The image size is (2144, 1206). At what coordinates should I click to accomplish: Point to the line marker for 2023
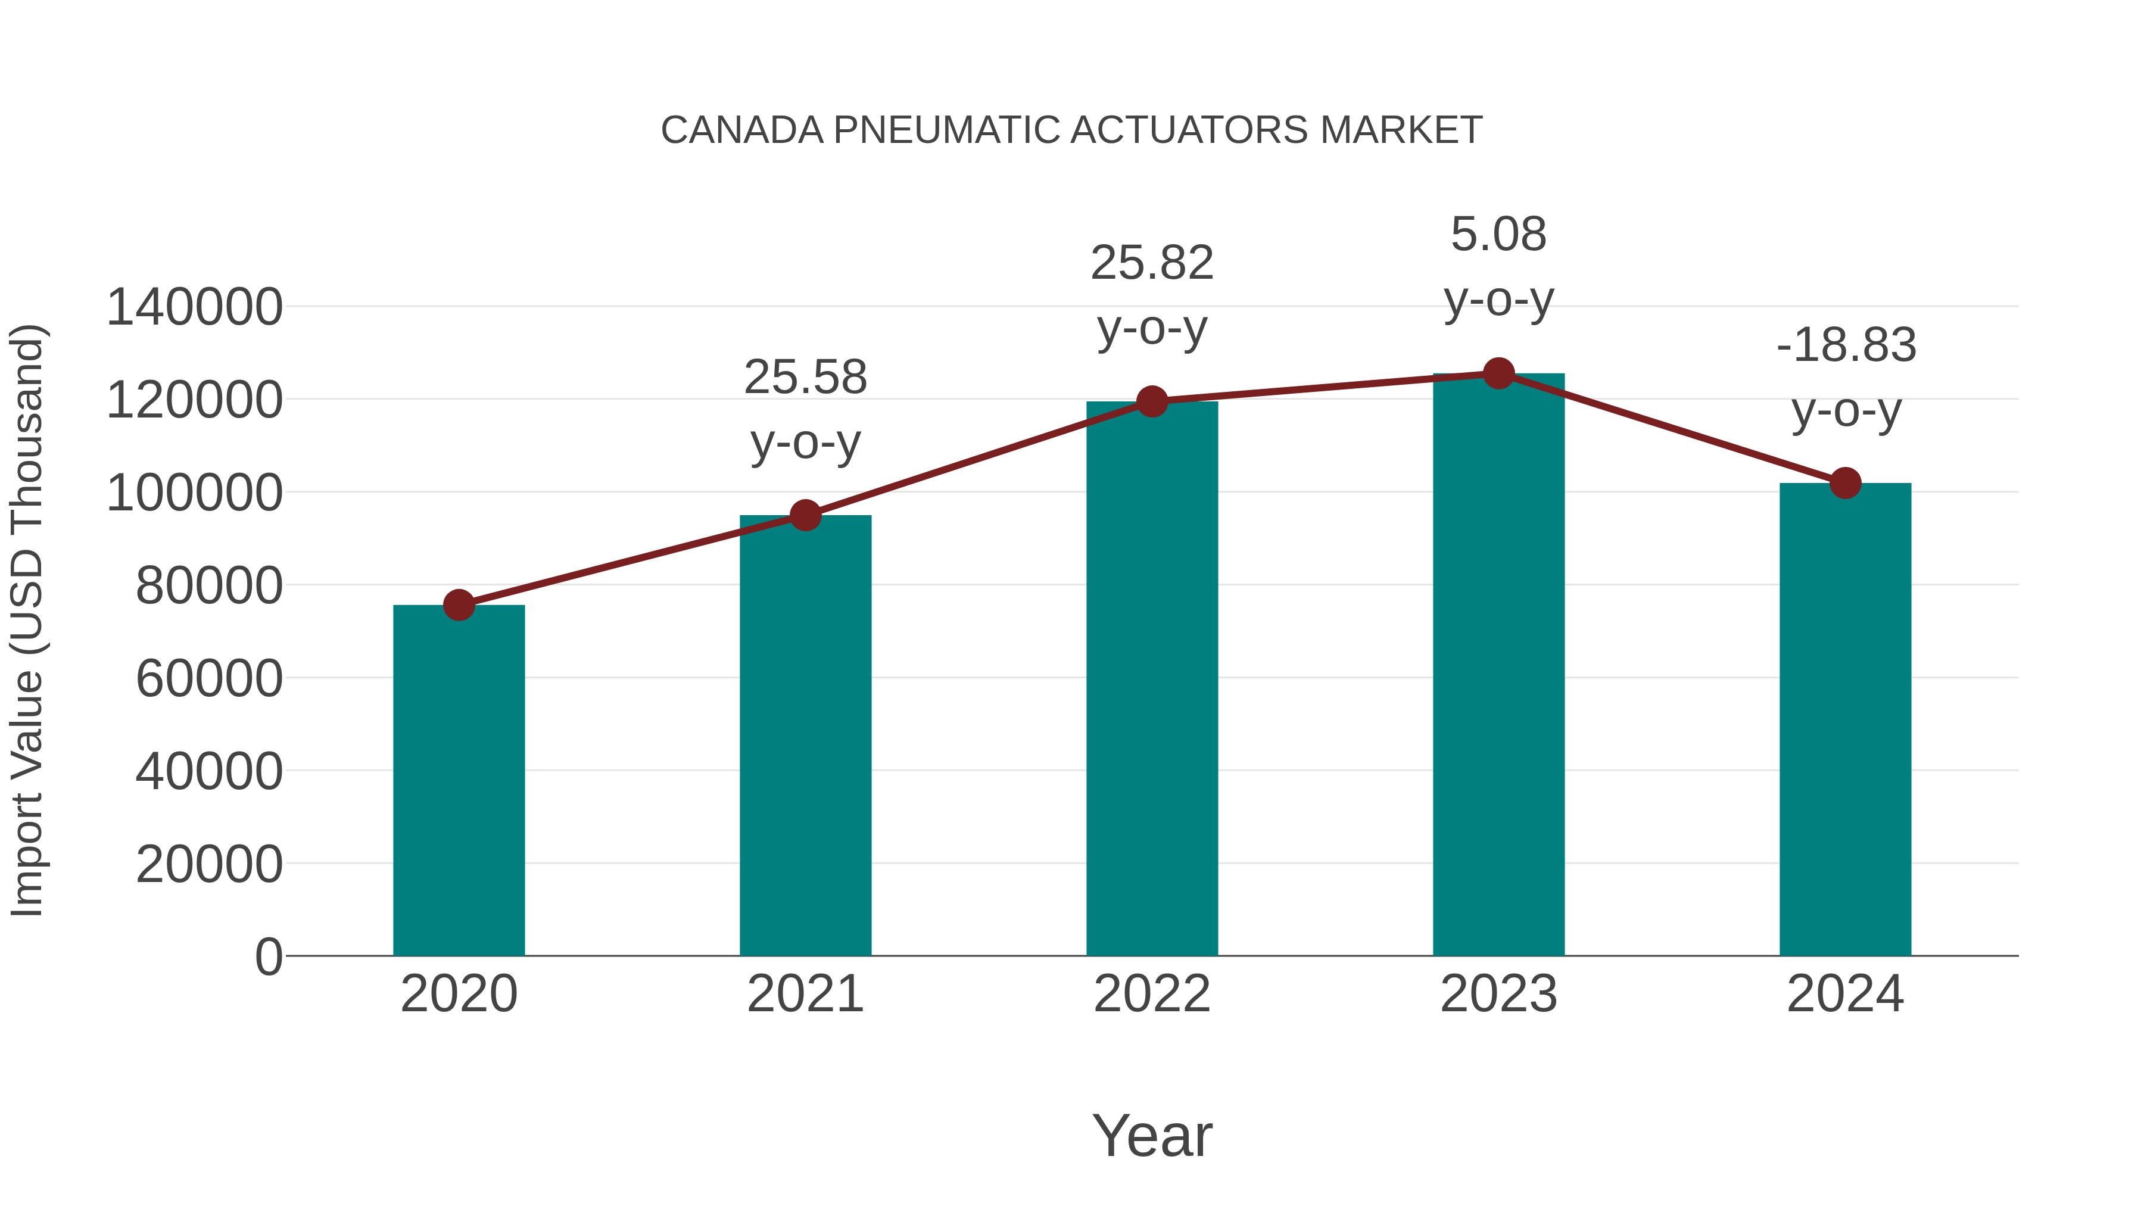[1499, 373]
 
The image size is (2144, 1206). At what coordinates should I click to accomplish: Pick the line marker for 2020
[459, 605]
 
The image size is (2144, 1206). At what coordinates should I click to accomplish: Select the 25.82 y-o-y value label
[1152, 263]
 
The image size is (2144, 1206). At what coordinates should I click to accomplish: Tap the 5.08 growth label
[1499, 234]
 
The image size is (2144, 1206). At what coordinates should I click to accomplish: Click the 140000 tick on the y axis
[195, 307]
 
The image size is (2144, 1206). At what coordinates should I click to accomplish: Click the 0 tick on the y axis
[269, 956]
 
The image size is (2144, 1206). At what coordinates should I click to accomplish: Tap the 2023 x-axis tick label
[1499, 994]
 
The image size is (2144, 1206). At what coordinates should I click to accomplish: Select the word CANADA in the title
[741, 130]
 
